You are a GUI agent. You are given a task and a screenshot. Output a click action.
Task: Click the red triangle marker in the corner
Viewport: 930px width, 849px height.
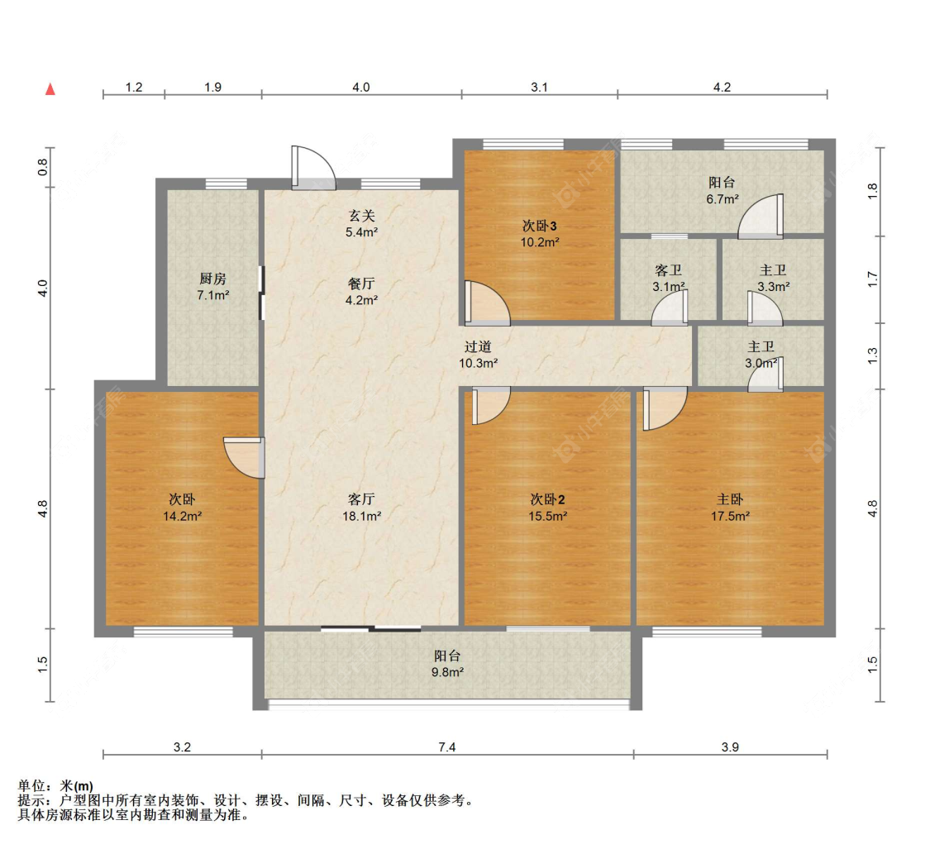pos(50,88)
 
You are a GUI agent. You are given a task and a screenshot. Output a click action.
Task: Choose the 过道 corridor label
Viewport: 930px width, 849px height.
pos(478,347)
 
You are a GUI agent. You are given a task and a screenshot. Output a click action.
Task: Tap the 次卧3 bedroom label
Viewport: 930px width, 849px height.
pos(539,226)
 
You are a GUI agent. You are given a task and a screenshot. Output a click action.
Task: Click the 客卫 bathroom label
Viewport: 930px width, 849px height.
pos(668,271)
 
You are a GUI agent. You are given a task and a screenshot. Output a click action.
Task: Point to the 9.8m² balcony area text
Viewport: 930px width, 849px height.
pos(447,672)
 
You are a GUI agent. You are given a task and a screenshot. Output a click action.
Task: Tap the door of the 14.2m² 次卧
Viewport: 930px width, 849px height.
pos(246,457)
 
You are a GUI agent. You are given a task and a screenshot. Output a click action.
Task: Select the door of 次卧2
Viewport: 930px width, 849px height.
pos(488,406)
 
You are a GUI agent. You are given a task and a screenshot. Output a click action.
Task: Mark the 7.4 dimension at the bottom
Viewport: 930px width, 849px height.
pos(446,747)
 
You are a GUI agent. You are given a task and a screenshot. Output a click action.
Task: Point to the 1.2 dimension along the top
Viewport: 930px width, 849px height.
pos(134,87)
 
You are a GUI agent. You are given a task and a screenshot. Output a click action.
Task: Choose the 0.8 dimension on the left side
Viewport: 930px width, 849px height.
pos(43,168)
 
